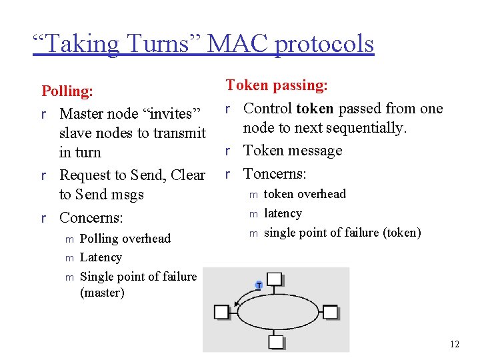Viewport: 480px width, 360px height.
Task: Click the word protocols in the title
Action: pyautogui.click(x=325, y=45)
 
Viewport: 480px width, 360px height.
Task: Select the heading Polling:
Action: pyautogui.click(x=67, y=91)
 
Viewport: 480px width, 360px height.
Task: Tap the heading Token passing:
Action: pyautogui.click(x=277, y=85)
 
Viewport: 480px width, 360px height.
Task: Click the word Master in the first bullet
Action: pyautogui.click(x=83, y=113)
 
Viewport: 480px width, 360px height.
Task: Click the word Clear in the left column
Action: pyautogui.click(x=188, y=175)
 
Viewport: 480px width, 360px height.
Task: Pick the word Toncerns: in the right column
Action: pyautogui.click(x=275, y=174)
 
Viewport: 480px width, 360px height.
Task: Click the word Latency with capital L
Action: pyautogui.click(x=101, y=257)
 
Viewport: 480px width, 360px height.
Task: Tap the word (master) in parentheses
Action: pyautogui.click(x=102, y=292)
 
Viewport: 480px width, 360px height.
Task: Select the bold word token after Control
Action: pyautogui.click(x=315, y=108)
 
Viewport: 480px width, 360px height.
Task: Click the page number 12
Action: pyautogui.click(x=455, y=344)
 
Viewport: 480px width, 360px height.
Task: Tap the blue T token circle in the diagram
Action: pyautogui.click(x=259, y=285)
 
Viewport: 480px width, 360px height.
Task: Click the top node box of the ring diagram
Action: pyautogui.click(x=275, y=281)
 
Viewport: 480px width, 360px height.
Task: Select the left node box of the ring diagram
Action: pyautogui.click(x=222, y=311)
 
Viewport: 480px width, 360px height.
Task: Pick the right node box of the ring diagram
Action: pyautogui.click(x=331, y=312)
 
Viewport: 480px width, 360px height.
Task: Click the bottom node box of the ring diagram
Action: pyautogui.click(x=276, y=342)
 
